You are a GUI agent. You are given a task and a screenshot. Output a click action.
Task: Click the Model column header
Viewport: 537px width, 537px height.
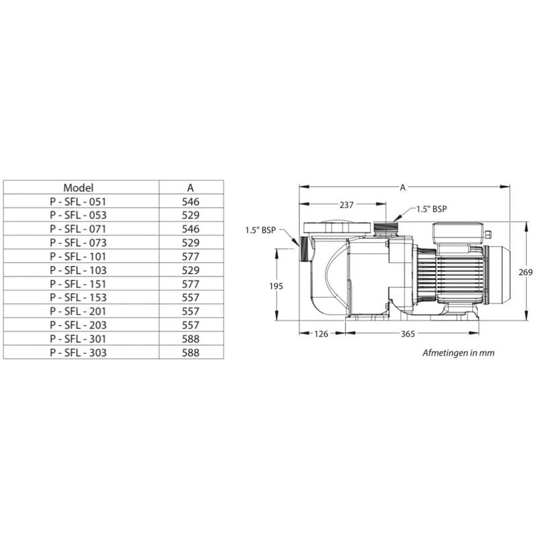(x=79, y=187)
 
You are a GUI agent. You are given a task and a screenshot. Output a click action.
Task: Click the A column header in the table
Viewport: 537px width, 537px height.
(x=190, y=187)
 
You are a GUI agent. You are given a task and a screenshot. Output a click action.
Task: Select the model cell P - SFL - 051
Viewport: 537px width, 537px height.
(x=79, y=201)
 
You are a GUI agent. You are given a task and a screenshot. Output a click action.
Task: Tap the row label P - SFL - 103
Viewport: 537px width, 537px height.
(x=79, y=269)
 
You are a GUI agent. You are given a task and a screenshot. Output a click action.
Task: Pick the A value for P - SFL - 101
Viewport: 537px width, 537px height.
(x=190, y=256)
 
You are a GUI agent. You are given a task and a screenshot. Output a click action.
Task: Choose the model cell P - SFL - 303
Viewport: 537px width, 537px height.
(x=79, y=352)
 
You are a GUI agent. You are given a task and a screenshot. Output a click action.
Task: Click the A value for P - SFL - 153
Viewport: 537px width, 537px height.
(x=190, y=297)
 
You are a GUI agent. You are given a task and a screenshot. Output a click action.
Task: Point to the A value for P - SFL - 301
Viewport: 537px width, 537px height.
(x=190, y=338)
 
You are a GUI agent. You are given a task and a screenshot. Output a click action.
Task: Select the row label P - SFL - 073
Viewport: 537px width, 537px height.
(x=79, y=242)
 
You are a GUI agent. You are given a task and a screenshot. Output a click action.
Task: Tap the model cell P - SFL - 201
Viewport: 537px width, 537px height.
(x=79, y=311)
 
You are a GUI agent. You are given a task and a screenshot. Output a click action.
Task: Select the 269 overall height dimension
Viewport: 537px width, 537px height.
(x=526, y=272)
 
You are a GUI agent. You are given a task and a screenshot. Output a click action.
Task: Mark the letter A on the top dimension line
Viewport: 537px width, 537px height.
(x=403, y=188)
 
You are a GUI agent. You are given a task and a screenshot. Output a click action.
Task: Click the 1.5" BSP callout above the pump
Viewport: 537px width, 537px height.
(x=431, y=209)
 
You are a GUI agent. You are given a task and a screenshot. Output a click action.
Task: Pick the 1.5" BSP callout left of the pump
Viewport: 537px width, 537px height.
(x=261, y=230)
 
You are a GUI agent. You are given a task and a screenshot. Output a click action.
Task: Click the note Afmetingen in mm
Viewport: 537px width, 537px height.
(x=458, y=352)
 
